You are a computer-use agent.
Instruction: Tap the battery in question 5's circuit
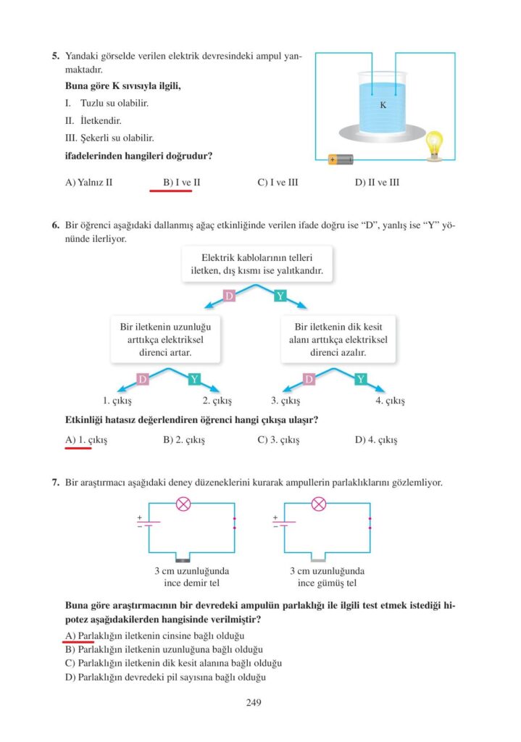339,159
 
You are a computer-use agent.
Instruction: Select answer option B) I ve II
182,183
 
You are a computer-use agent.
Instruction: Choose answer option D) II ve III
377,183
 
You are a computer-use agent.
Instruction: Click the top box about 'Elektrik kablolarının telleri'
252,264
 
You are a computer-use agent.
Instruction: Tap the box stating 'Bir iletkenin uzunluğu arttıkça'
166,340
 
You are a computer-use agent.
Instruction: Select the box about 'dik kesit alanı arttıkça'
339,340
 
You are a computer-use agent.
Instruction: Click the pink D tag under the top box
229,296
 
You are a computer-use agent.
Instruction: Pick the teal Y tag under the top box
281,296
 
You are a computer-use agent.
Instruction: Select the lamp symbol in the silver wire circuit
318,504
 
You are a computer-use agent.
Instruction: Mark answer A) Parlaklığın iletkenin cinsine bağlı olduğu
150,635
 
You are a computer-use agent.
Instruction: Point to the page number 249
254,702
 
